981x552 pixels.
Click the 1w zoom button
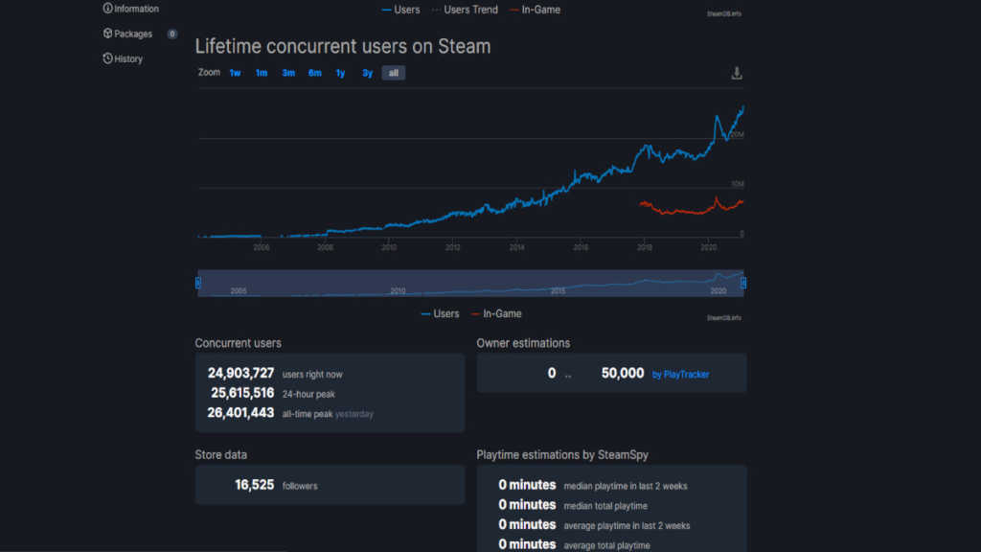click(235, 73)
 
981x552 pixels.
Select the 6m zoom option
click(314, 73)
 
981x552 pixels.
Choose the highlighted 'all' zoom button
click(393, 73)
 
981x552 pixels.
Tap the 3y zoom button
click(367, 73)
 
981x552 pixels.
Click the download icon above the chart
click(736, 73)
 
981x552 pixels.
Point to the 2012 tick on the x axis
click(453, 247)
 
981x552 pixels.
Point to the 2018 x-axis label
click(645, 247)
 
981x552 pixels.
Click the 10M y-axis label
click(737, 184)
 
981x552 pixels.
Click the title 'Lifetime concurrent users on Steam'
click(343, 46)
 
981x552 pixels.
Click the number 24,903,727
click(240, 373)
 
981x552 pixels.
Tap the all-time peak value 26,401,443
click(240, 413)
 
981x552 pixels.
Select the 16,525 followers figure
click(255, 485)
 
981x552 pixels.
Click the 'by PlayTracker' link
click(681, 374)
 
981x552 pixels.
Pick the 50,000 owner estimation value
click(623, 373)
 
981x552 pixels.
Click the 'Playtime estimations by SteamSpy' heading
click(569, 454)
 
